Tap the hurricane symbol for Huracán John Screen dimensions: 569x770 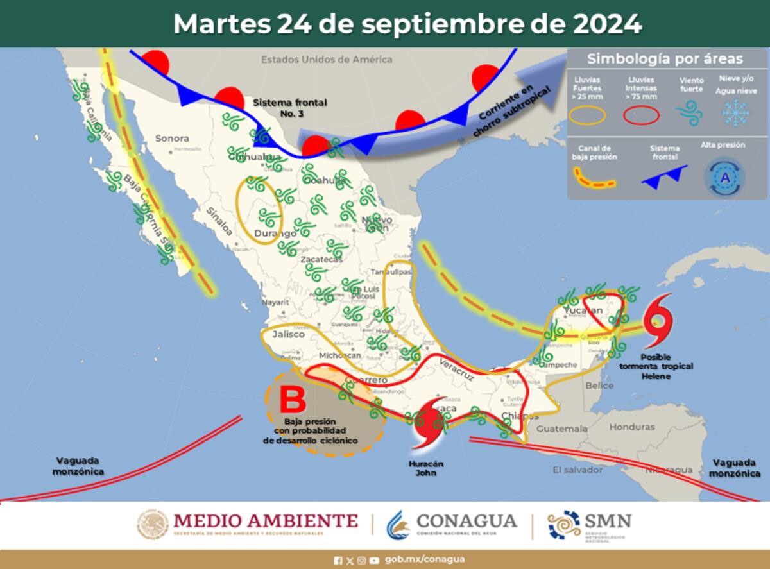pos(429,423)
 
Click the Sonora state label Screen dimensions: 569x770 pos(172,138)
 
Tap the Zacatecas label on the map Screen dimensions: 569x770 pos(321,260)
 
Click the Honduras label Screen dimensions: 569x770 pos(632,427)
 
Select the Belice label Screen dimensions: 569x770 pos(599,386)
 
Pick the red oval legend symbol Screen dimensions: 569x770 pos(641,115)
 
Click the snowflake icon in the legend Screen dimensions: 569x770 pos(735,114)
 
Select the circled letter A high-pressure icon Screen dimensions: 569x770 pos(725,178)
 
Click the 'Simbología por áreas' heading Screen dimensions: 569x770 pos(665,60)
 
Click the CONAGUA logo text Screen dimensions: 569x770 pos(466,520)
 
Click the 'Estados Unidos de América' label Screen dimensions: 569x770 pos(326,60)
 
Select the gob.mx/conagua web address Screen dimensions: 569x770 pos(425,560)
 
